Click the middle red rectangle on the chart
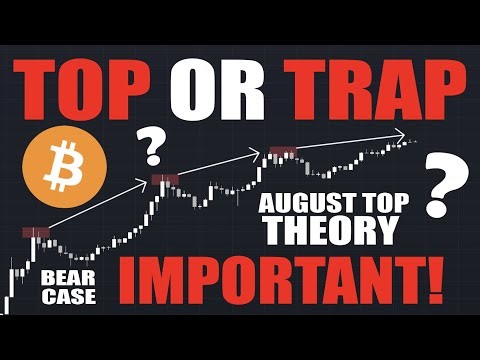pos(164,179)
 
